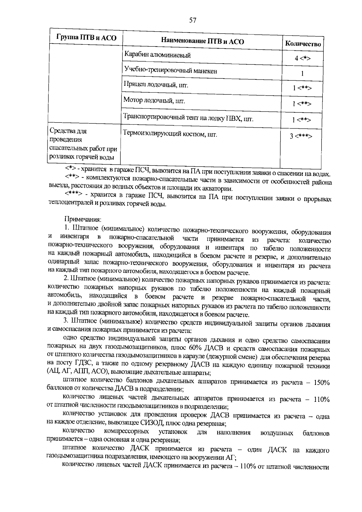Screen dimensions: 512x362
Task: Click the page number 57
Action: coord(193,20)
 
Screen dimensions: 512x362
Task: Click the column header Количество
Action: coord(303,44)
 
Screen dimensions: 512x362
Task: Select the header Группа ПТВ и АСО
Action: coord(86,38)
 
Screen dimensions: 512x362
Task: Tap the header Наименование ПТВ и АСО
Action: coord(202,41)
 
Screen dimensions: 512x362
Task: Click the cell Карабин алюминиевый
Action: coord(157,55)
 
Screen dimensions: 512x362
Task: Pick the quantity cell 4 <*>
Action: coord(303,58)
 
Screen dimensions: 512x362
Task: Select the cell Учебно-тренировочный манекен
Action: coord(170,71)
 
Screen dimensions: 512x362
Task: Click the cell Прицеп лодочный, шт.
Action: coord(156,85)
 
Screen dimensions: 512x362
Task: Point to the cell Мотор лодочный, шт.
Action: coord(154,101)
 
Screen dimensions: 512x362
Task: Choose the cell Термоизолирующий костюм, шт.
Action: coord(170,134)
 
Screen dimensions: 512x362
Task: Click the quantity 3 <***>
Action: coord(301,136)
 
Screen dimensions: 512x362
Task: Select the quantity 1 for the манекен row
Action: coord(302,73)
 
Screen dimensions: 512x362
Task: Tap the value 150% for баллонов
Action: coord(321,383)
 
